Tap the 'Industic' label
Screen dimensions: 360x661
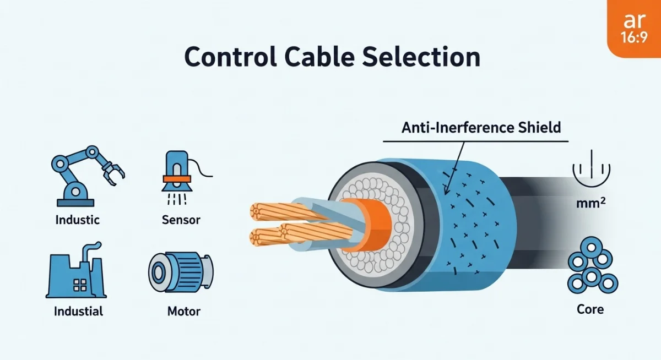click(78, 220)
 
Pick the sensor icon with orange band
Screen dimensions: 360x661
click(176, 172)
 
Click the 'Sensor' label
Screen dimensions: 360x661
click(181, 220)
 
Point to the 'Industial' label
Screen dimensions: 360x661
click(78, 311)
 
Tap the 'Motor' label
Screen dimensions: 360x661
click(183, 311)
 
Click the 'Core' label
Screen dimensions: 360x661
click(590, 309)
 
